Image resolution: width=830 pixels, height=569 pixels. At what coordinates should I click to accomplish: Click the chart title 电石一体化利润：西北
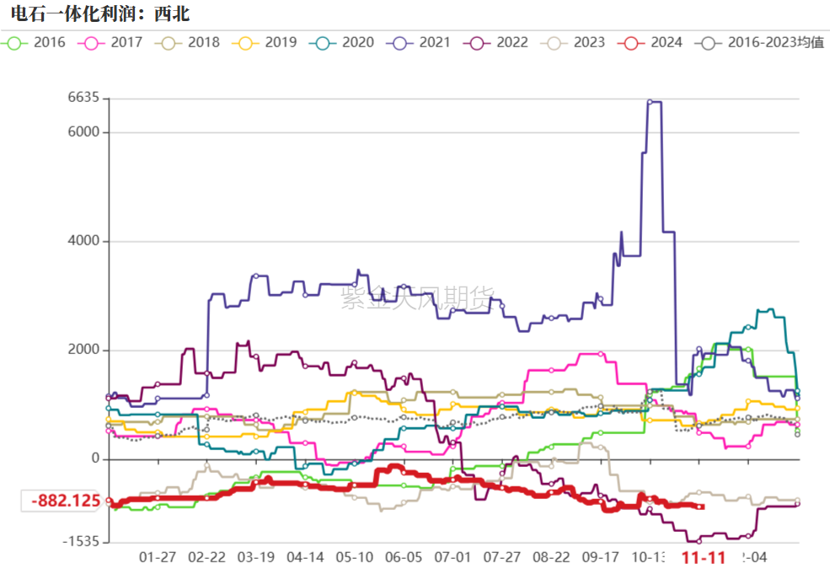coord(94,13)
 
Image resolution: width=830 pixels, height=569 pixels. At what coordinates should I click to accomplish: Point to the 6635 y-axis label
coord(83,99)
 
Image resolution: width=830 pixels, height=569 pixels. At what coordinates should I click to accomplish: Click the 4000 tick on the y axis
coord(83,241)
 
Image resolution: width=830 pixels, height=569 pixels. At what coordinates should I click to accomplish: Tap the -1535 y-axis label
coord(81,541)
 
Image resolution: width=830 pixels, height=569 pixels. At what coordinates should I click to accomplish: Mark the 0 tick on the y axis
coord(94,459)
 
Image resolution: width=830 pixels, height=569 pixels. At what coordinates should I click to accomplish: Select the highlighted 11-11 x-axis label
coord(704,558)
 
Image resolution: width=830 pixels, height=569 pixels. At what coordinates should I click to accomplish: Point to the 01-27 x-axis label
coord(157,558)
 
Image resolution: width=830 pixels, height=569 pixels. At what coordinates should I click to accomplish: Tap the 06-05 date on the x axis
coord(404,558)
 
